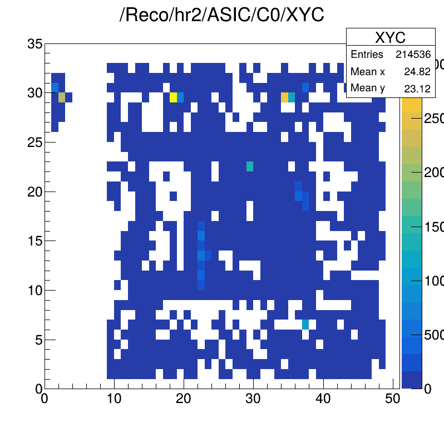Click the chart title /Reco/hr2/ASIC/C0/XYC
coord(222,15)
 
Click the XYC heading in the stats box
coord(390,38)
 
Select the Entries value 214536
coord(413,55)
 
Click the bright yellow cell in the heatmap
coord(173,97)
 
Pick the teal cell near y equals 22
coord(250,166)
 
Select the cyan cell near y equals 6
coord(305,324)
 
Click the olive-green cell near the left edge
coord(62,97)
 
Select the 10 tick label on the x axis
coord(114,399)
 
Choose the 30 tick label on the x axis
coord(253,399)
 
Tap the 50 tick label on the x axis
coord(392,399)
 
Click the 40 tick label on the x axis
coord(323,399)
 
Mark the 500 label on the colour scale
coord(431,335)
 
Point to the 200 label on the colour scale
coord(431,173)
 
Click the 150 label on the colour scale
coord(431,227)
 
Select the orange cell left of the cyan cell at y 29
coord(285,97)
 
